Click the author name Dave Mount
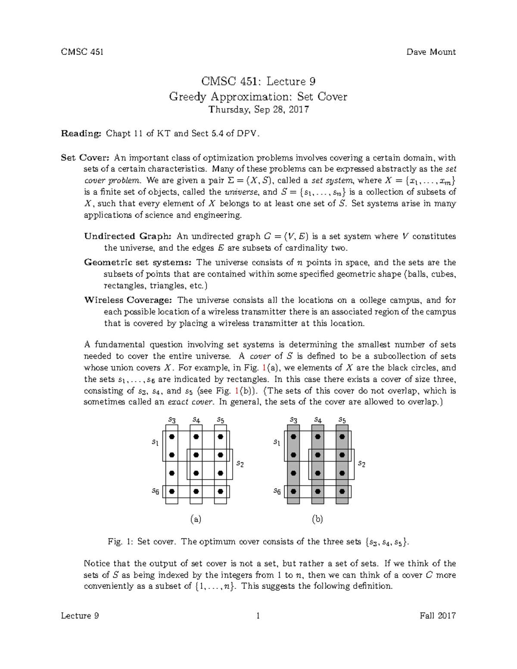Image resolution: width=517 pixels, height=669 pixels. coord(431,52)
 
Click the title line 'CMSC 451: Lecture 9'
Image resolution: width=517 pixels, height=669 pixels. coord(258,81)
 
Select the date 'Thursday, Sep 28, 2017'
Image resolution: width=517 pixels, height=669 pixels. coord(258,109)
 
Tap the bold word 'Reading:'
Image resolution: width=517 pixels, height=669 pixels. coord(81,134)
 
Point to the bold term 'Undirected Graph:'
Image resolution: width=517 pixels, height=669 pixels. coord(128,236)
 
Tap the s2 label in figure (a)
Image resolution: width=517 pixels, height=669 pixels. coord(240,464)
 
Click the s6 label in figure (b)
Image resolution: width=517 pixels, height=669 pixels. coord(277,491)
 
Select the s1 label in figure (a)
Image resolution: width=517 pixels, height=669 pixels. coord(155,442)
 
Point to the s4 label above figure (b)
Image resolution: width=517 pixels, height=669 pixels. coord(318,420)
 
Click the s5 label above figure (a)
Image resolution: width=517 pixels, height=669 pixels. coord(220,420)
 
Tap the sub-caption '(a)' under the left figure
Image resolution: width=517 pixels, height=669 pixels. coord(196,519)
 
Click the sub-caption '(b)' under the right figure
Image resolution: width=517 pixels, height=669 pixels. coord(318,519)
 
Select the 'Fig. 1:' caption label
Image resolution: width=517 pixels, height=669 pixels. coord(121,542)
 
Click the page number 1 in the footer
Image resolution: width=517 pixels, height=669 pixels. coord(258,616)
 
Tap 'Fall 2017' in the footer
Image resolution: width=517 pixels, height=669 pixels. coord(437,616)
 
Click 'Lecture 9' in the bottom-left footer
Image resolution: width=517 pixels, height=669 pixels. coord(80,616)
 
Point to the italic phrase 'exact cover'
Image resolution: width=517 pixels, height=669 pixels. coord(190,402)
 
